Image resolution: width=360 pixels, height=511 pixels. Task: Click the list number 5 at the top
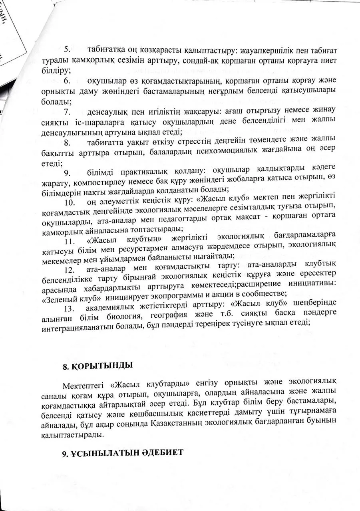(x=67, y=50)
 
